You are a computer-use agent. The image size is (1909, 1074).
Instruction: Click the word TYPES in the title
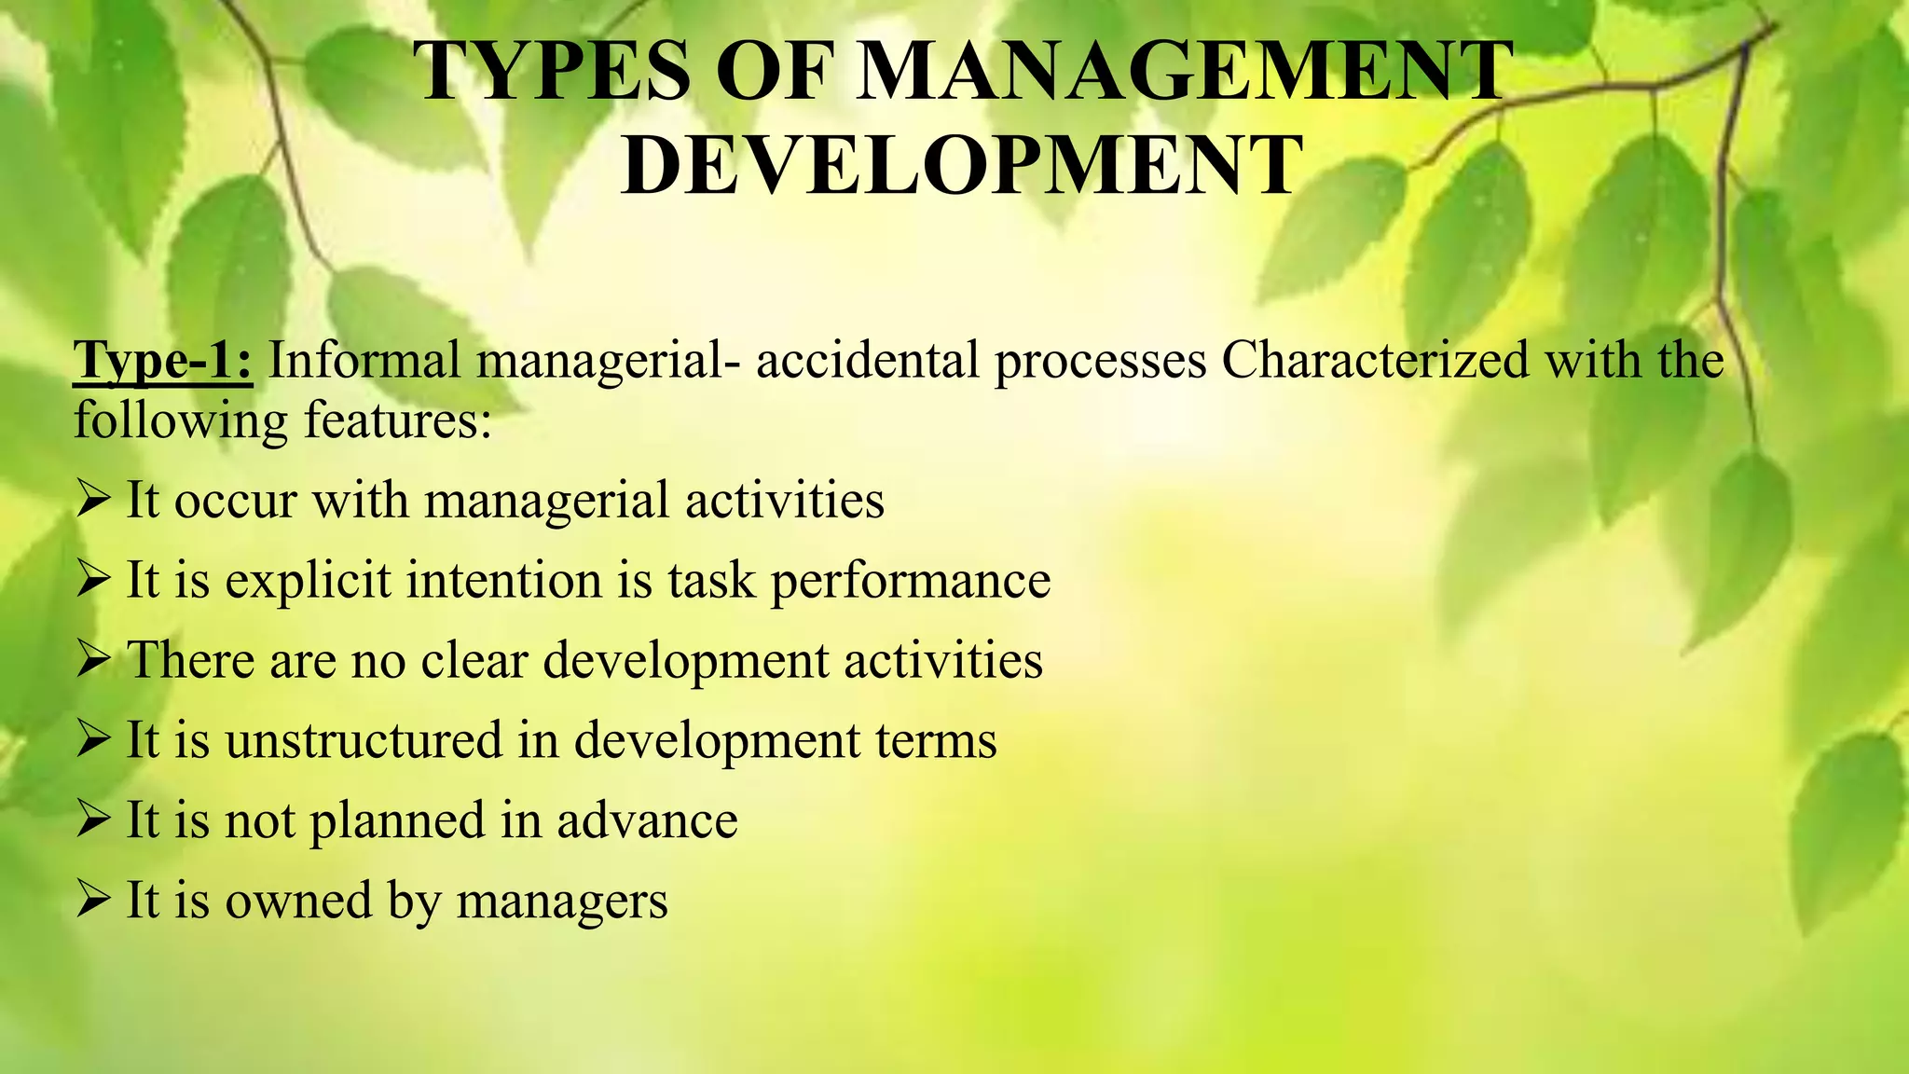552,72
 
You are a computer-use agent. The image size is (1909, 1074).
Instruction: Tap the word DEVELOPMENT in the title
960,166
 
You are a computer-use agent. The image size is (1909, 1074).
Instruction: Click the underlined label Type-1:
162,361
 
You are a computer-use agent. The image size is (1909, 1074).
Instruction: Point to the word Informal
364,361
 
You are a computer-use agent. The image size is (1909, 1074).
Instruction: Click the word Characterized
1375,361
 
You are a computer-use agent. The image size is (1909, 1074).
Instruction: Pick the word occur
235,502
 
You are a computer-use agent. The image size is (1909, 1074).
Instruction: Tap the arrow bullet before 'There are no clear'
94,661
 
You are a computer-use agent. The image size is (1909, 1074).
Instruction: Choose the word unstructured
364,741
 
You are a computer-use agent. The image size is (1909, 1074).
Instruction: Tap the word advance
647,821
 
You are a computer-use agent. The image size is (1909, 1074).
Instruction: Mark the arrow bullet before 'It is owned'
94,902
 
